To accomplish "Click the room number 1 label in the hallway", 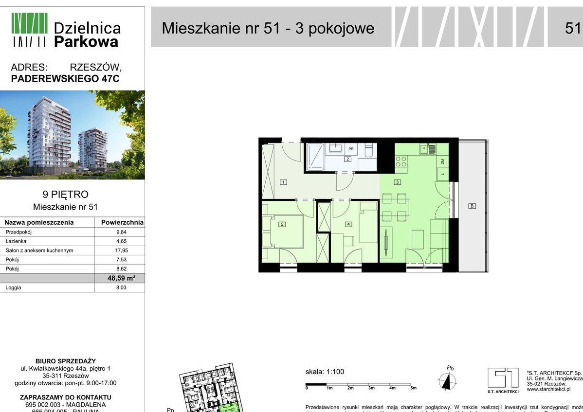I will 283,182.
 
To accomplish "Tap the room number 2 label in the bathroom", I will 347,159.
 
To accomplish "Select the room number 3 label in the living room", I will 397,182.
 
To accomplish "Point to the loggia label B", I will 471,206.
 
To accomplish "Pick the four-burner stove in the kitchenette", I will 401,161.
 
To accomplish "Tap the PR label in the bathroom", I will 350,148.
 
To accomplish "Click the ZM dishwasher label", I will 443,161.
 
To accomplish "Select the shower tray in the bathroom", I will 315,157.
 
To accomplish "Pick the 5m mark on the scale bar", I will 414,389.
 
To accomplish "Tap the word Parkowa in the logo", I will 86,42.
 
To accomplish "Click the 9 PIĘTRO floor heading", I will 66,195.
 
